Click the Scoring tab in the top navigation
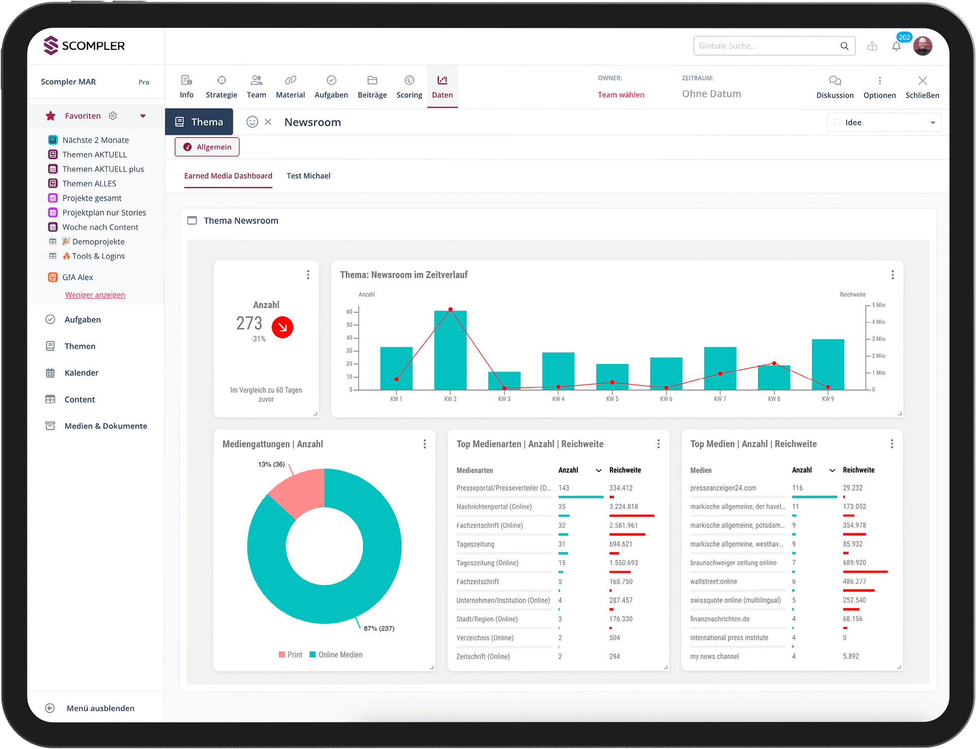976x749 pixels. (409, 87)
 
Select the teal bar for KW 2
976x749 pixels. (450, 351)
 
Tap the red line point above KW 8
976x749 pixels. (774, 363)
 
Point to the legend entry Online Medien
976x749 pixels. (340, 654)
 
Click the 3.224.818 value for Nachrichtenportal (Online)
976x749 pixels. (623, 506)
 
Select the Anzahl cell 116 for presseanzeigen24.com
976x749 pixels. (797, 488)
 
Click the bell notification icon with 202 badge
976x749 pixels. (896, 46)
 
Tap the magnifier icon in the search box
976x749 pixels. (844, 46)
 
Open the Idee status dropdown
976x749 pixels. (884, 123)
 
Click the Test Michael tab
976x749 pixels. (308, 176)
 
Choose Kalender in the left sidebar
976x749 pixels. (81, 373)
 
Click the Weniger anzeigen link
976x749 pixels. (95, 295)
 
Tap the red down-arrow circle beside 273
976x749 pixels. (283, 327)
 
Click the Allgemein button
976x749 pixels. (207, 147)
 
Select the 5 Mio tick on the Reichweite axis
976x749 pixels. (878, 305)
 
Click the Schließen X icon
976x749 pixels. (922, 80)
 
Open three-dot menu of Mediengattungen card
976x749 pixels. (424, 444)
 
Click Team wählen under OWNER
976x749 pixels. (621, 95)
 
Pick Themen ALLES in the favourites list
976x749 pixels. (89, 184)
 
